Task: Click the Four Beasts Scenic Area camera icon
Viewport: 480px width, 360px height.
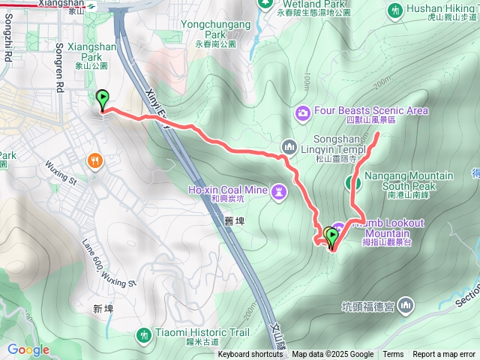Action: [x=303, y=112]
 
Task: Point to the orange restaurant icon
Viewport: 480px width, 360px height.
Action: [x=94, y=160]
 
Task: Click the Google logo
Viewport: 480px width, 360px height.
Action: [x=28, y=349]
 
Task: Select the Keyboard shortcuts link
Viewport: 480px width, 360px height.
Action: [x=250, y=355]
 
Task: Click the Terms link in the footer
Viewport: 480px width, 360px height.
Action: [x=393, y=355]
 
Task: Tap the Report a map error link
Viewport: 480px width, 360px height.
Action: [x=444, y=355]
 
